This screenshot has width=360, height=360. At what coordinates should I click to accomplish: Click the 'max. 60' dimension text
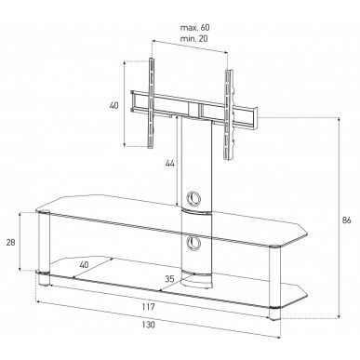(195, 28)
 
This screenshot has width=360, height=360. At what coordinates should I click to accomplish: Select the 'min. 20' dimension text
(194, 39)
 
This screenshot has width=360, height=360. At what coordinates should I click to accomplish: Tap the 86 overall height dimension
(346, 220)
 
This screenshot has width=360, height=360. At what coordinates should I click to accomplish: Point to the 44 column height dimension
(169, 164)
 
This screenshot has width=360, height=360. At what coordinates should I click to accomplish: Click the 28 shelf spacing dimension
(11, 243)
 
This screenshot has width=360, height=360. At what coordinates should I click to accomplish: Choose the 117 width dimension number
(149, 307)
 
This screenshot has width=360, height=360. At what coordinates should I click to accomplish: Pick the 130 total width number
(149, 325)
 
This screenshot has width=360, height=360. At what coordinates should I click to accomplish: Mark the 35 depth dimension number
(169, 279)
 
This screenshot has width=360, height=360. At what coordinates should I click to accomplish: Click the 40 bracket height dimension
(113, 105)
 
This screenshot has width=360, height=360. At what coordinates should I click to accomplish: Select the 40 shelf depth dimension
(84, 264)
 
